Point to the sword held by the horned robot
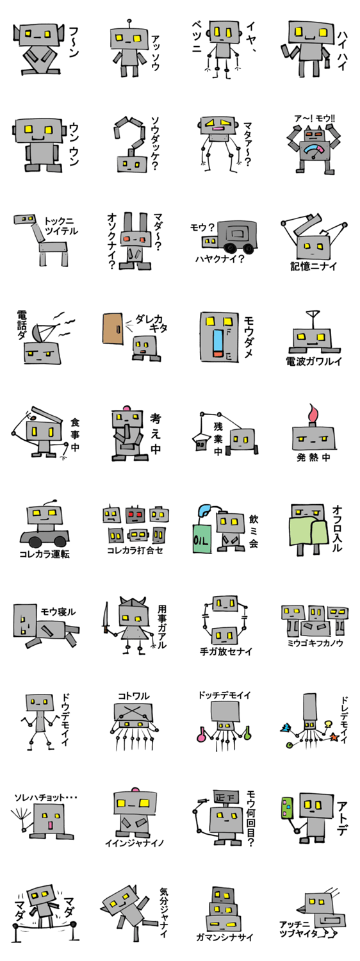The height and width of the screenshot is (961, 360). pos(105,618)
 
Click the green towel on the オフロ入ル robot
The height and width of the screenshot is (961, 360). pos(308,533)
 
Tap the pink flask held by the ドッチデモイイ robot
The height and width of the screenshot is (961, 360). pos(200,735)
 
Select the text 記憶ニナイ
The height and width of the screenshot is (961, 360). pos(313,266)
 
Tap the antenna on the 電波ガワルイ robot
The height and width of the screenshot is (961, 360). pos(312,319)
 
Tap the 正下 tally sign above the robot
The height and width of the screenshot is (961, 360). pos(225,798)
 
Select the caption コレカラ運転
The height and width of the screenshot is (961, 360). pos(44,554)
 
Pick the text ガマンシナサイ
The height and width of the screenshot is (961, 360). pos(224,937)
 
